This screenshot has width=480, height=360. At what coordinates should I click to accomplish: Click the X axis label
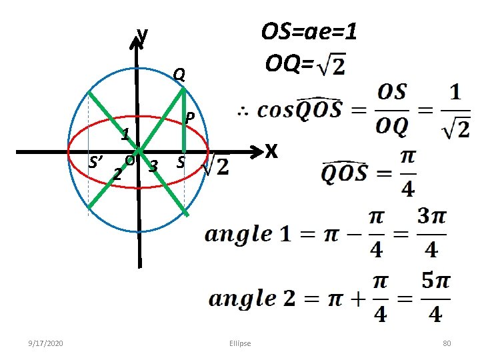pos(270,152)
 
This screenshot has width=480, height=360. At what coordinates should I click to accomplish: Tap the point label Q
pos(178,75)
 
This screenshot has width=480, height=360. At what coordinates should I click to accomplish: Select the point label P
pos(190,117)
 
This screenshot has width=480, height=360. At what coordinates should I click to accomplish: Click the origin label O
pos(130,160)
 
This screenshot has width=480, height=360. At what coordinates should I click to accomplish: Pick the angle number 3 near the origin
pos(154,165)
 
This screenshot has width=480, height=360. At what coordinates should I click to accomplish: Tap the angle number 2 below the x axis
pos(117,175)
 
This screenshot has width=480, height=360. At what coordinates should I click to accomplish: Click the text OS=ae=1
pos(309,31)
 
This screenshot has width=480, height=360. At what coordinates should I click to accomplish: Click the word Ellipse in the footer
pos(240,343)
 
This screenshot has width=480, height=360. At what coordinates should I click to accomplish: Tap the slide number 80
pos(447,343)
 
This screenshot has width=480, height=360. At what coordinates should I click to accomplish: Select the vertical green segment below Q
pos(185,123)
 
